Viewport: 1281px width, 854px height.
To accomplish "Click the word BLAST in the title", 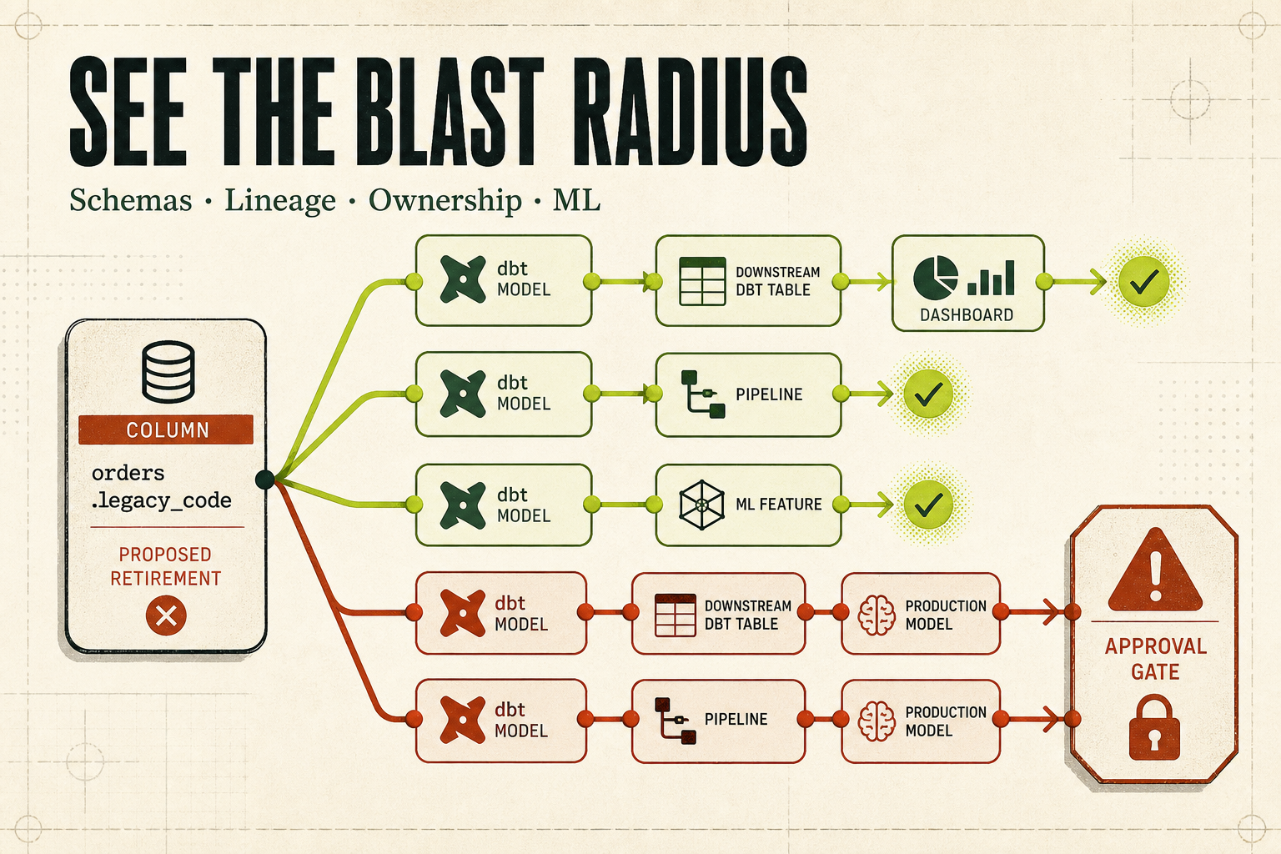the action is coord(452,111).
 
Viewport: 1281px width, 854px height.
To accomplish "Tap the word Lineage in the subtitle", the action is coord(280,201).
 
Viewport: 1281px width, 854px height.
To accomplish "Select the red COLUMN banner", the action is coord(166,430).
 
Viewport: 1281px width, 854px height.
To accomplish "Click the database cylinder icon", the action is coord(168,372).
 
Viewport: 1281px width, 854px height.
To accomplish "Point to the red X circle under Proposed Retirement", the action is coord(166,615).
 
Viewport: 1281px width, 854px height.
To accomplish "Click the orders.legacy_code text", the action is coord(161,487).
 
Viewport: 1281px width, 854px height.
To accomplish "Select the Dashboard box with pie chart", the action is coord(968,284).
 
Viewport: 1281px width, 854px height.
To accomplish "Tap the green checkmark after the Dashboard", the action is coord(1143,281).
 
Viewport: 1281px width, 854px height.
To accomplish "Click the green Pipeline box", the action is coord(749,394).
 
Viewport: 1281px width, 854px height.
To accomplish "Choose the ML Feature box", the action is coord(749,505).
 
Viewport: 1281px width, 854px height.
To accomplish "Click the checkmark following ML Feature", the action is coord(928,504).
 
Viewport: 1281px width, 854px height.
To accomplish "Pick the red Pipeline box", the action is coord(719,721).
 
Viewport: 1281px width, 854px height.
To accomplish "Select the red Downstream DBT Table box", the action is coord(719,613).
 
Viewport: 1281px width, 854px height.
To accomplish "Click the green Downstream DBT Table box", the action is coord(749,281).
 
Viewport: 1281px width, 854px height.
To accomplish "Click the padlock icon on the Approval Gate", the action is coord(1154,727).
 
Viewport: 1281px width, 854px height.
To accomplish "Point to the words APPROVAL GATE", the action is coord(1156,659).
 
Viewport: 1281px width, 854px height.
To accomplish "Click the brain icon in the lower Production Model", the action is coord(877,721).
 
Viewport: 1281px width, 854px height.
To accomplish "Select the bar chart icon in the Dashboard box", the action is coord(991,278).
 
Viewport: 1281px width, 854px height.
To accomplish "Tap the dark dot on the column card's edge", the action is coord(264,480).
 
